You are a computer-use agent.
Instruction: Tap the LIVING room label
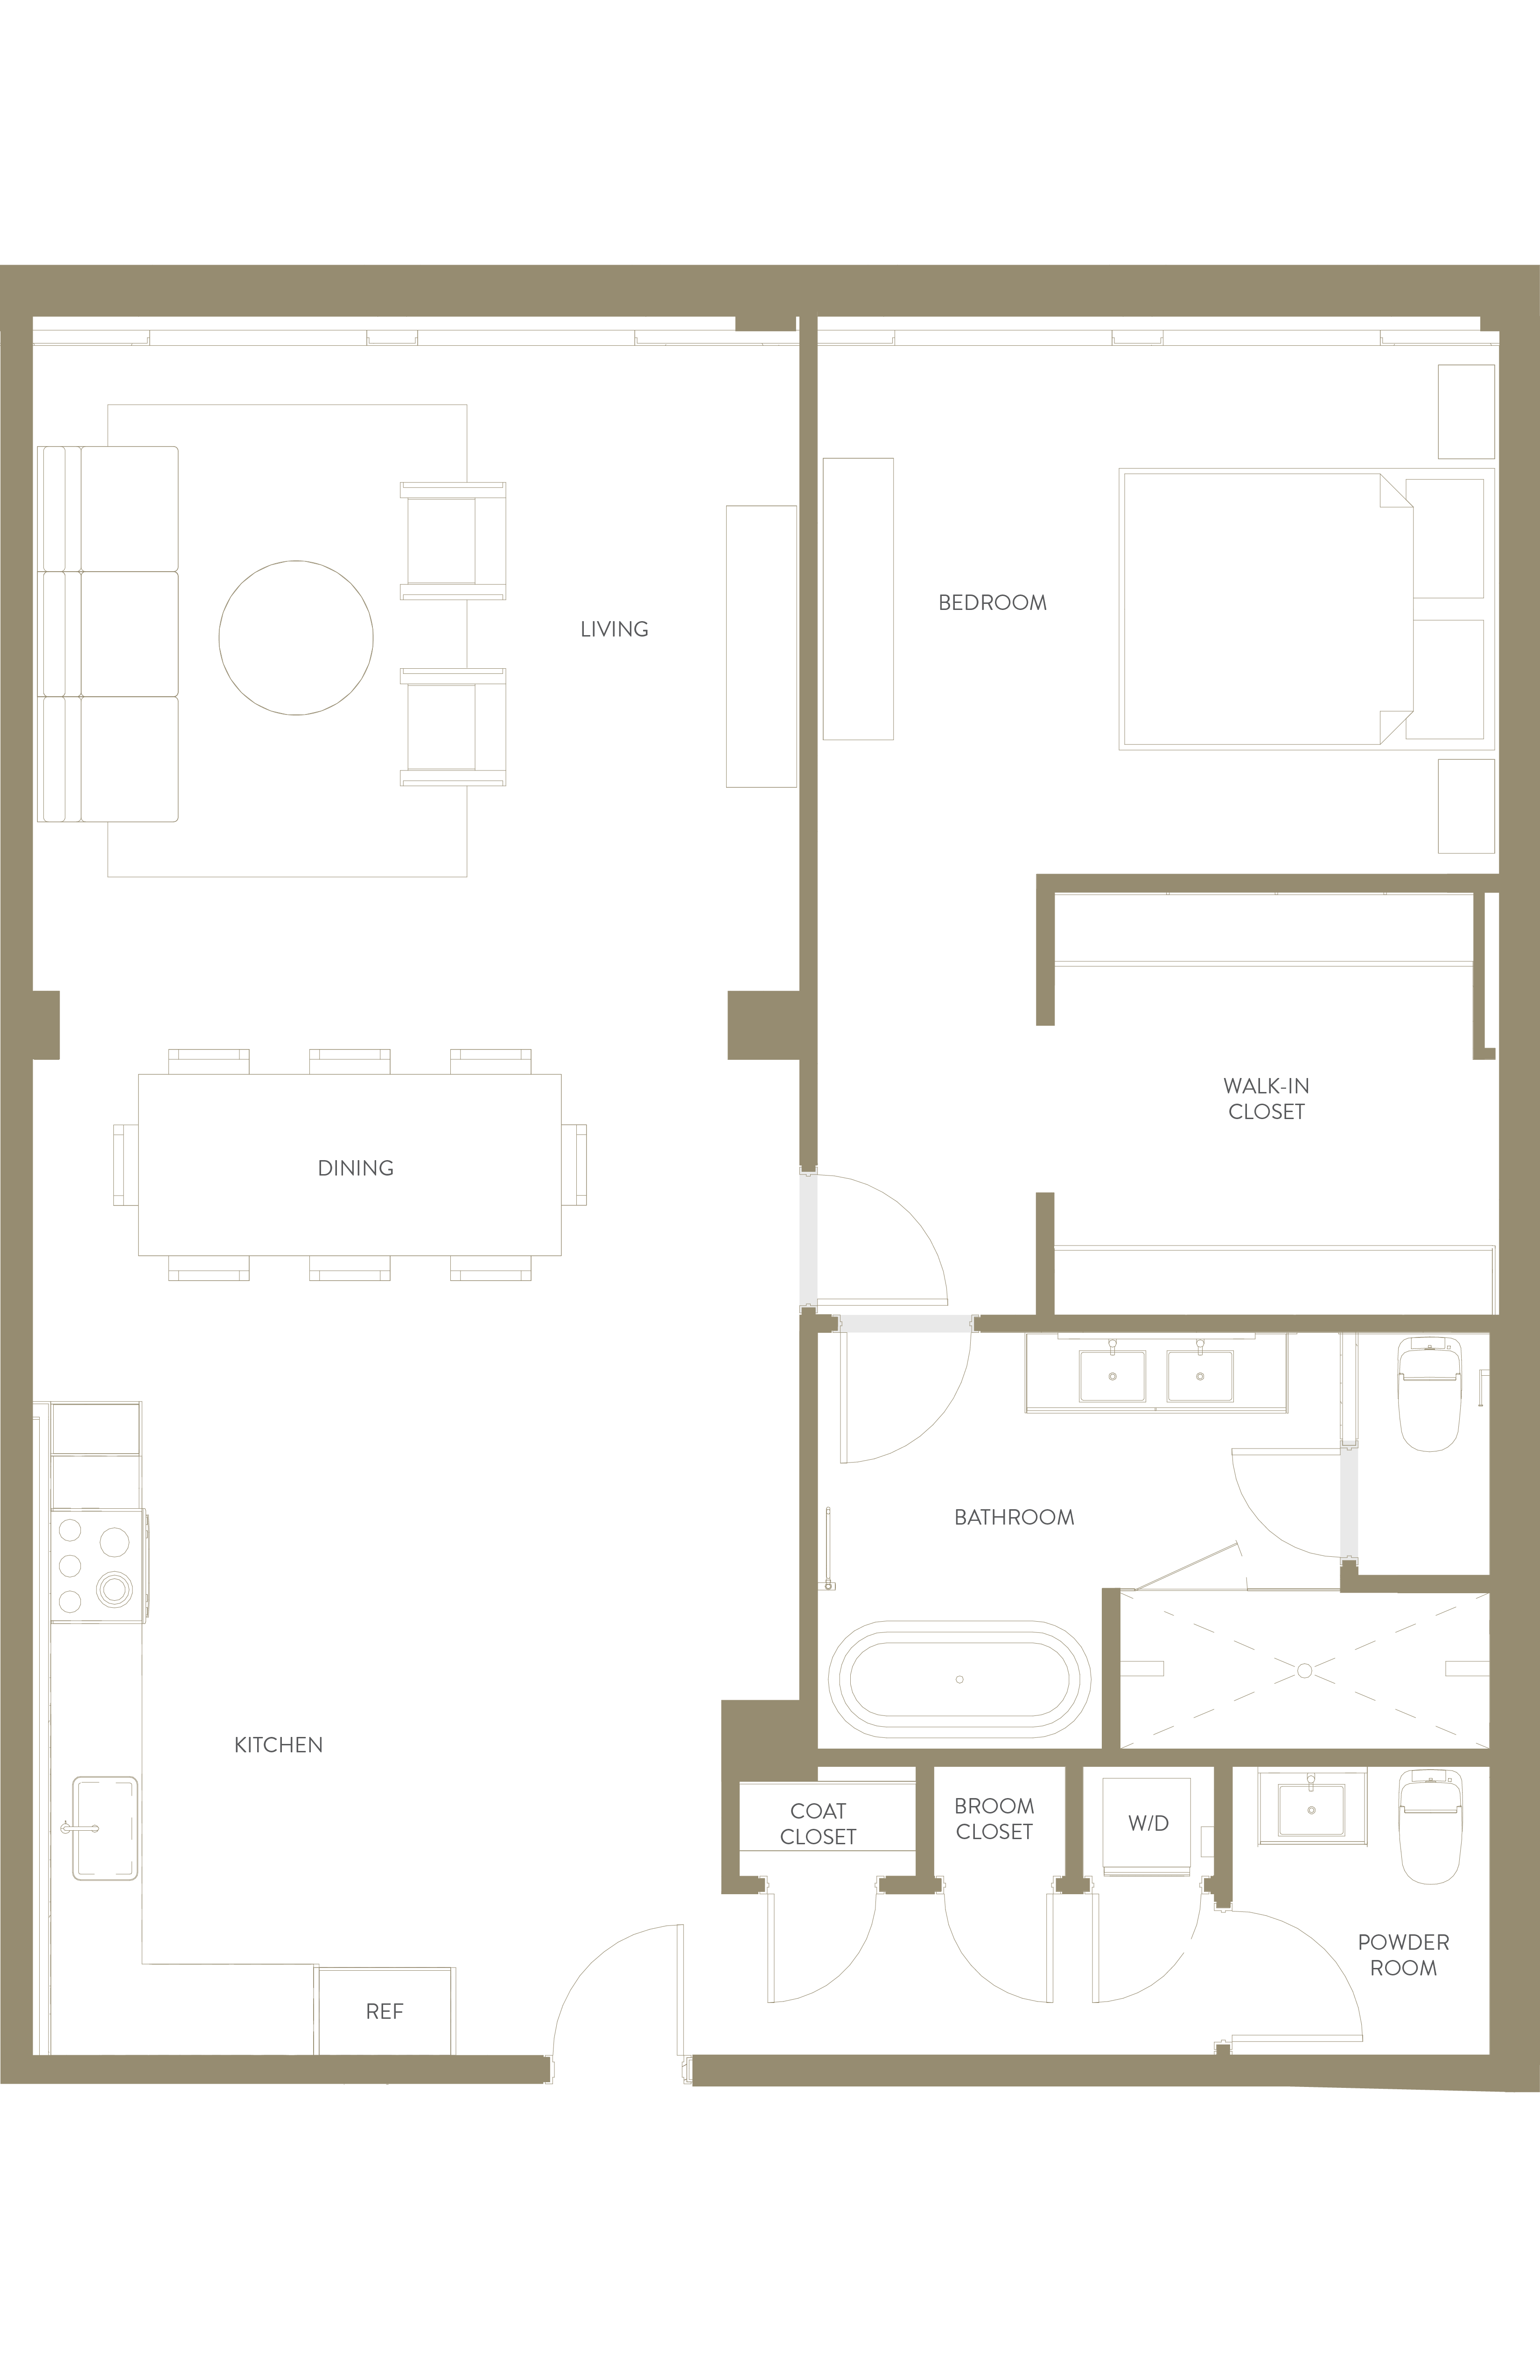614,629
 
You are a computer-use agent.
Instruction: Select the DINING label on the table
355,1168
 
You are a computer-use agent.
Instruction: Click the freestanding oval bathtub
960,1679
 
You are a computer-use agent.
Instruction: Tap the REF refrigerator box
385,2011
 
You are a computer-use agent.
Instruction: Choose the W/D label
1148,1823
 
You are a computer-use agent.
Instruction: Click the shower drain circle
1304,1671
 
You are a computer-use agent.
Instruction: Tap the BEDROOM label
992,603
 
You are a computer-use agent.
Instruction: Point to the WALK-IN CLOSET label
1266,1098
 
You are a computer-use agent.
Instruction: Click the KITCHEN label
278,1745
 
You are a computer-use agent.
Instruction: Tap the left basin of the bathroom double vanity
1112,1376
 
